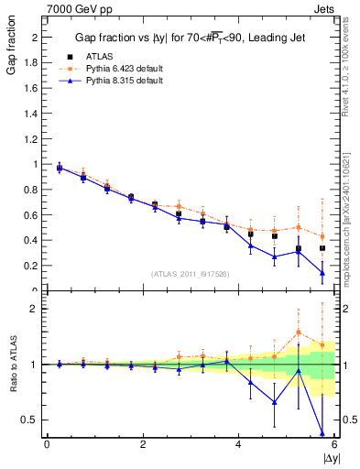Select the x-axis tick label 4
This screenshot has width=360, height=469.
pyautogui.click(x=238, y=445)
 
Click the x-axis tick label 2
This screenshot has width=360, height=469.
pyautogui.click(x=143, y=445)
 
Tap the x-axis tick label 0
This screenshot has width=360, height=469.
pyautogui.click(x=47, y=445)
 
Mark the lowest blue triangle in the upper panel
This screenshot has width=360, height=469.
pyautogui.click(x=322, y=272)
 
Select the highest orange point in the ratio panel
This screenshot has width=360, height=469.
pyautogui.click(x=299, y=332)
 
